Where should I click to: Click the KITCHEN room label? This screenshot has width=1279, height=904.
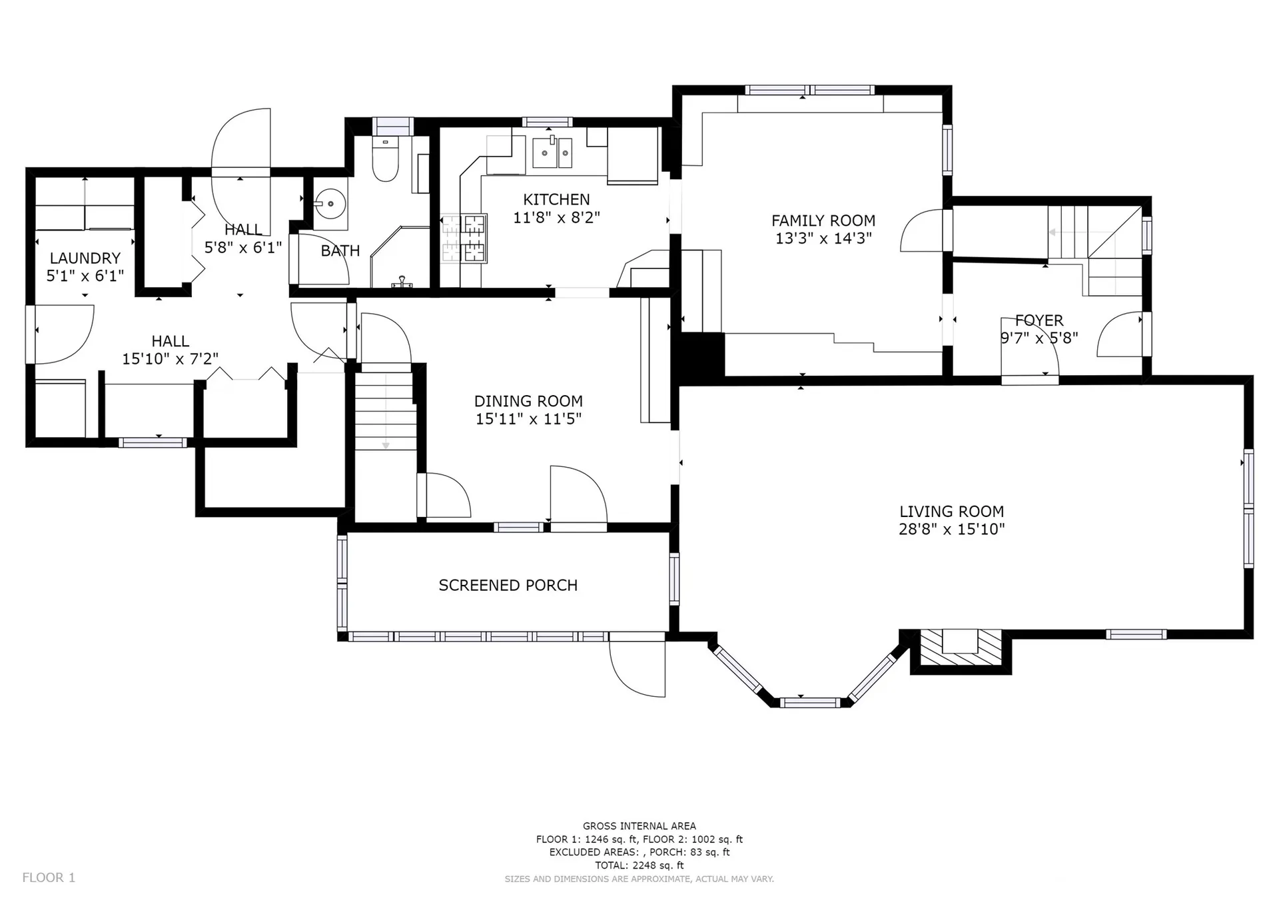(556, 199)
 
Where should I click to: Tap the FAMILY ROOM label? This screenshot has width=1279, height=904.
(823, 221)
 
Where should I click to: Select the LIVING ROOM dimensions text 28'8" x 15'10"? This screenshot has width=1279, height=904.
(951, 529)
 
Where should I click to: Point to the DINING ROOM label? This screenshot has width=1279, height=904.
(528, 401)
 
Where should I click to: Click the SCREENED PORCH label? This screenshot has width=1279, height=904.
(508, 585)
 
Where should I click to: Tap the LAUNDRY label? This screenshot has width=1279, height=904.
(85, 258)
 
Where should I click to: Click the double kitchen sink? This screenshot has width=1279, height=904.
(552, 153)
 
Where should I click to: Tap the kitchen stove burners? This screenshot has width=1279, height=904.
(464, 238)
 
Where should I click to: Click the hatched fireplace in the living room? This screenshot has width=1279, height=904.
(961, 647)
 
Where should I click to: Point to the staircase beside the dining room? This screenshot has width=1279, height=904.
(386, 410)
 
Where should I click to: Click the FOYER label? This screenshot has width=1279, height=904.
(1039, 320)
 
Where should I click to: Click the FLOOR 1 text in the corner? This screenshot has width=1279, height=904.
(49, 877)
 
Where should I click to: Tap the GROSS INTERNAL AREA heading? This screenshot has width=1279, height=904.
(639, 826)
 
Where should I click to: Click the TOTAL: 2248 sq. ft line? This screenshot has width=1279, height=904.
(639, 865)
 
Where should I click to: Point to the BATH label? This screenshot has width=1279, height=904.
(340, 250)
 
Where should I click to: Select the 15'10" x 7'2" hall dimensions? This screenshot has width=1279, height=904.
(170, 358)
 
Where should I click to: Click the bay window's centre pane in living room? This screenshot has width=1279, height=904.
(810, 701)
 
